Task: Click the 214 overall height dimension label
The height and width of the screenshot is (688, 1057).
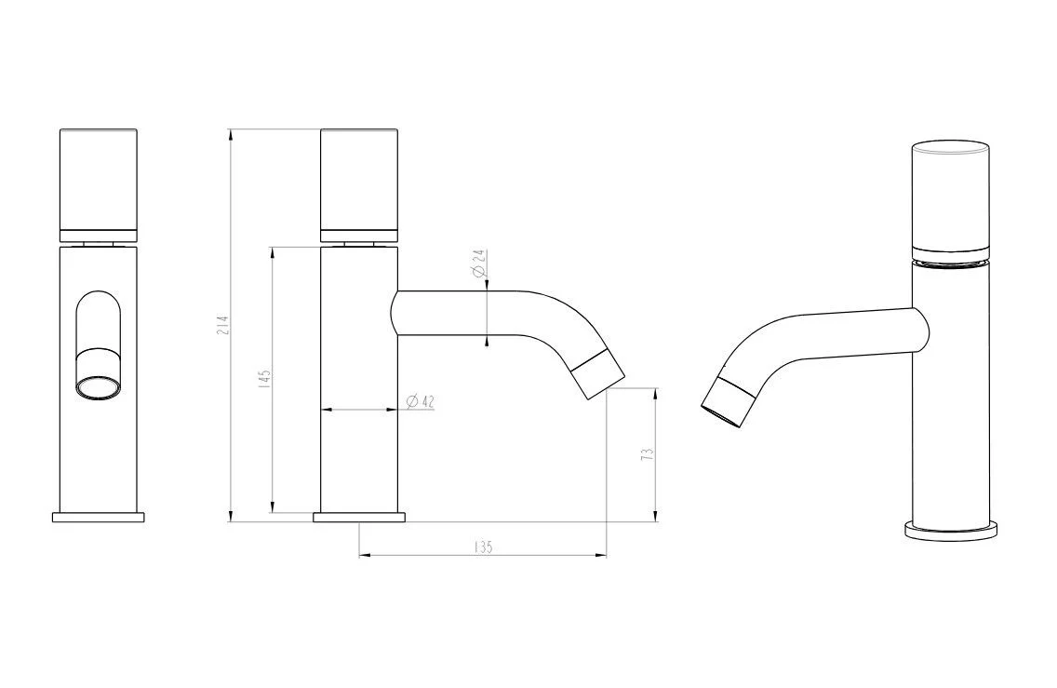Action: point(224,325)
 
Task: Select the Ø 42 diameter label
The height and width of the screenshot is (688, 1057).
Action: point(421,401)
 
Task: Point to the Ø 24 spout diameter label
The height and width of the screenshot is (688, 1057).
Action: point(478,263)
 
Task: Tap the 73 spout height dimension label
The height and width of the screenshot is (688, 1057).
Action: point(647,453)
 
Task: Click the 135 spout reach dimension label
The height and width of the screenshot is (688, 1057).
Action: point(484,546)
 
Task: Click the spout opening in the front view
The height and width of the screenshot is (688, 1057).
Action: point(99,389)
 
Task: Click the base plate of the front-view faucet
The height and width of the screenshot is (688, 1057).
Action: point(99,518)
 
